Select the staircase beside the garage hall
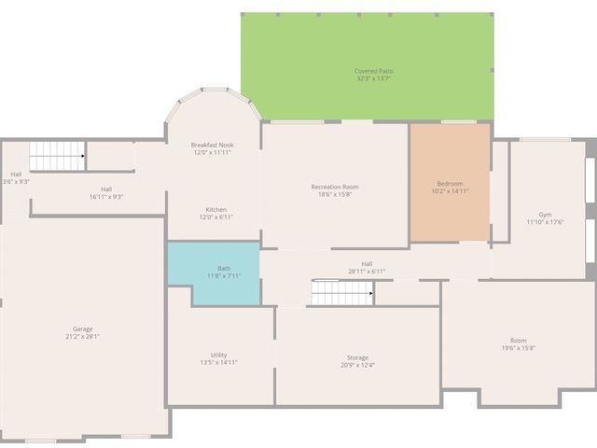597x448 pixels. pyautogui.click(x=57, y=156)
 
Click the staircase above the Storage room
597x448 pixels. pyautogui.click(x=341, y=293)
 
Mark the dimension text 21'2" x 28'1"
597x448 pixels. pyautogui.click(x=82, y=336)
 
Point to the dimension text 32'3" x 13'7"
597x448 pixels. pyautogui.click(x=372, y=79)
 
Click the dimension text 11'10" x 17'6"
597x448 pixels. pyautogui.click(x=545, y=222)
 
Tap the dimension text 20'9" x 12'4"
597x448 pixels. pyautogui.click(x=357, y=365)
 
